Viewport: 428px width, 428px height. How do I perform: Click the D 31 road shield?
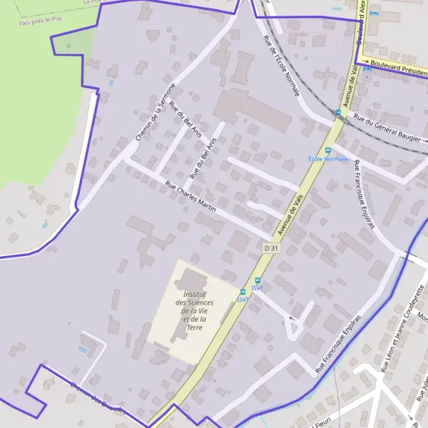[x=270, y=248]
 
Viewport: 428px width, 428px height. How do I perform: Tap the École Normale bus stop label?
[x=327, y=158]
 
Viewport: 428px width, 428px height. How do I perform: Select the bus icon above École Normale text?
[x=328, y=150]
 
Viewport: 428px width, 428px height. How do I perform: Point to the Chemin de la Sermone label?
[x=155, y=111]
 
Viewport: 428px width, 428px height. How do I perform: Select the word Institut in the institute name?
[x=195, y=295]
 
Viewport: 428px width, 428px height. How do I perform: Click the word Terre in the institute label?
[x=194, y=327]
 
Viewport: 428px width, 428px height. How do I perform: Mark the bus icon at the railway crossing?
[x=338, y=112]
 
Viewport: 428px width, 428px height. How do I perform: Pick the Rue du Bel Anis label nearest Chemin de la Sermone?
[x=187, y=118]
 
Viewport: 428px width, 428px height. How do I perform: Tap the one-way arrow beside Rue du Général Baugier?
[x=348, y=119]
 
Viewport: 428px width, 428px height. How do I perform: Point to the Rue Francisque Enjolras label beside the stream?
[x=340, y=342]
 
